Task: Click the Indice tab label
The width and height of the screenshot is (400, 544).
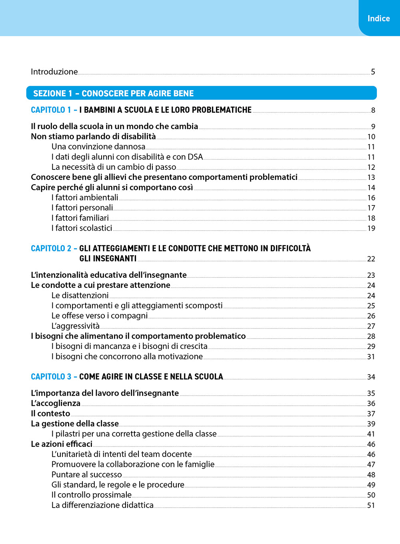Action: point(378,18)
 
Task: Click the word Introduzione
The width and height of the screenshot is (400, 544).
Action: point(54,72)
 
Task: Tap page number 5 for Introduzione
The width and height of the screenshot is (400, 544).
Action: point(373,72)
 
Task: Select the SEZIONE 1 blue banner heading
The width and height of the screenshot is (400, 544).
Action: point(113,94)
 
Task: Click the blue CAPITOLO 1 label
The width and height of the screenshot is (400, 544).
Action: point(51,110)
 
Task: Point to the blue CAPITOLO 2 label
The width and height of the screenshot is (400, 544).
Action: point(51,249)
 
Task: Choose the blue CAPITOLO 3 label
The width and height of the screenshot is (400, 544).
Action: point(51,377)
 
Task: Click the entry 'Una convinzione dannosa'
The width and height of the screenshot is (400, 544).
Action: point(98,147)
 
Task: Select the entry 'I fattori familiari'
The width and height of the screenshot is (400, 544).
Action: point(80,218)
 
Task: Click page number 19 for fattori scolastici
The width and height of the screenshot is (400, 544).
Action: point(371,228)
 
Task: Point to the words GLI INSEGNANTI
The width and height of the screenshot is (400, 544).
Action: point(108,259)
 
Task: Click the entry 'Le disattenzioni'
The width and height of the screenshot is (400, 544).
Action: point(80,295)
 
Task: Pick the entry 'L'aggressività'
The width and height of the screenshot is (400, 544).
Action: point(76,326)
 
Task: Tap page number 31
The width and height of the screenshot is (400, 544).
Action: point(371,357)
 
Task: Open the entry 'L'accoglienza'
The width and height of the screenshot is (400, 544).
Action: point(56,403)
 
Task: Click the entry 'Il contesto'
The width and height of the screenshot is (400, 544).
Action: point(50,414)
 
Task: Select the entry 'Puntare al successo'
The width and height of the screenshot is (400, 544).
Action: point(86,475)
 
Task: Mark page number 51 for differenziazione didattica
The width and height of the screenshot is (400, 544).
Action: point(371,506)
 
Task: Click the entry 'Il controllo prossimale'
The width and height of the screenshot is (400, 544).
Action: point(92,495)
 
